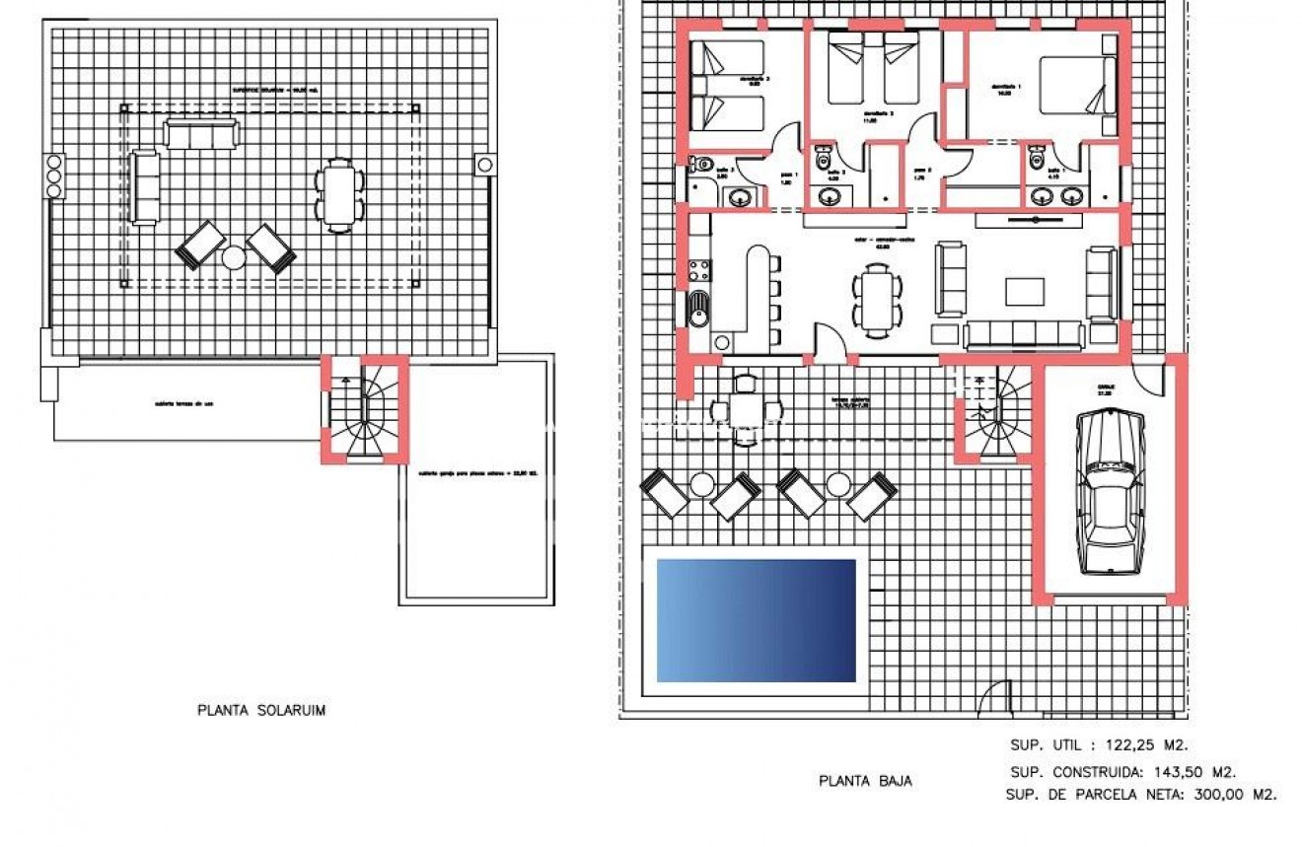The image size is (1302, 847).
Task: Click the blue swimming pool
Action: [x=756, y=620]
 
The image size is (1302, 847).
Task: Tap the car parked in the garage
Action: [x=1110, y=492]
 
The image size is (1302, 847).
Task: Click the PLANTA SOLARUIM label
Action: [x=261, y=710]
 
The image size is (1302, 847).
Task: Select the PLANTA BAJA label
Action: [x=865, y=781]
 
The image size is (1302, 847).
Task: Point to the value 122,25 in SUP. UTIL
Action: [x=1125, y=745]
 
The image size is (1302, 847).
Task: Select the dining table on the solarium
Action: [x=338, y=195]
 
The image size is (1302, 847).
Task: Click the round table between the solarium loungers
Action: [x=234, y=257]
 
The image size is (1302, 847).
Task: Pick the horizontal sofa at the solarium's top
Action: [x=201, y=133]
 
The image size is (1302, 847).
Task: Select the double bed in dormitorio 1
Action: [x=1076, y=97]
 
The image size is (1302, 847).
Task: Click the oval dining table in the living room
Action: [x=877, y=299]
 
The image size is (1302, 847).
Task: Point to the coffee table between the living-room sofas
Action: [x=1025, y=292]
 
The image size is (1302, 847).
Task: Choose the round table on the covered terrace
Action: [x=746, y=406]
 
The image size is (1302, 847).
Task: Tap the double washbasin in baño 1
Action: [x=1054, y=196]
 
